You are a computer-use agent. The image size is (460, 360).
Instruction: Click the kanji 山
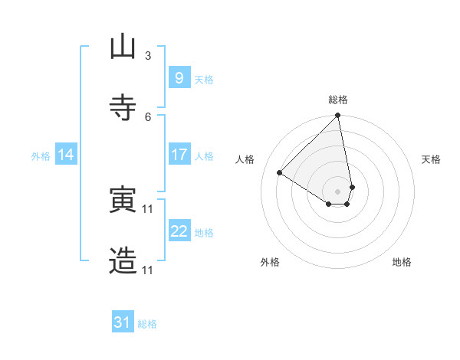tap(123, 47)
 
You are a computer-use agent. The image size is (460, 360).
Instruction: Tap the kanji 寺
tap(123, 106)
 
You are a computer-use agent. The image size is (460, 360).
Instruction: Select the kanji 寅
tap(123, 200)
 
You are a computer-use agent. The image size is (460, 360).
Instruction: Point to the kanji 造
tap(123, 260)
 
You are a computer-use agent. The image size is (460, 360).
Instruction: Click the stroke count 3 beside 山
tap(148, 56)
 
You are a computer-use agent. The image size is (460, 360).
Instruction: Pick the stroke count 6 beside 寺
tap(148, 116)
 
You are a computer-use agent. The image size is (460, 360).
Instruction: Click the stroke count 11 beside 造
tap(148, 270)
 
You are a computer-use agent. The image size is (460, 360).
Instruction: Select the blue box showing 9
tap(179, 77)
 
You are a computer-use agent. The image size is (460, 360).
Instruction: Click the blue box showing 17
tap(179, 155)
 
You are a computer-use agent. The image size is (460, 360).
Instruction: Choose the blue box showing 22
tap(179, 231)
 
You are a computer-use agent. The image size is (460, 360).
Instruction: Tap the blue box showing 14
tap(66, 155)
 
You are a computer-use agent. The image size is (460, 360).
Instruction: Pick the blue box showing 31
tap(123, 322)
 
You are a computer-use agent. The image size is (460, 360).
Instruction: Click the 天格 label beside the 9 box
tap(204, 80)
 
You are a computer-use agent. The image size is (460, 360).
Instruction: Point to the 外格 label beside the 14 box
tap(41, 156)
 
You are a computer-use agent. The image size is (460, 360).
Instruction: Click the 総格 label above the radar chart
tap(338, 100)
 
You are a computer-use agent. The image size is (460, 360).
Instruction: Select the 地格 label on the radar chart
tap(402, 262)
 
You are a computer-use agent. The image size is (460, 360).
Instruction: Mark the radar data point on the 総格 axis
tap(337, 116)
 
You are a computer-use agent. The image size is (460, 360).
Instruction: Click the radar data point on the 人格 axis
tap(280, 173)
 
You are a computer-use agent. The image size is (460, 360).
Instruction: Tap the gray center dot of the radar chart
tap(337, 191)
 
